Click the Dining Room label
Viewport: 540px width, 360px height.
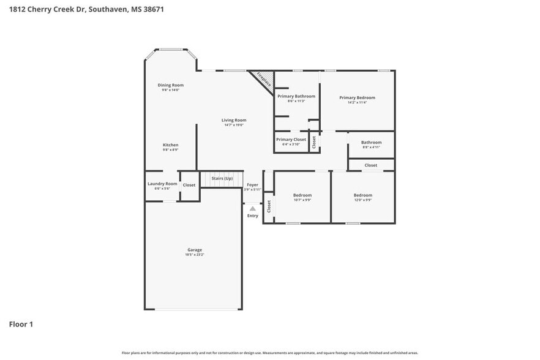coord(170,85)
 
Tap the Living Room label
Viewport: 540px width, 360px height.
coord(234,120)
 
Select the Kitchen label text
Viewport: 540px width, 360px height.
coord(170,145)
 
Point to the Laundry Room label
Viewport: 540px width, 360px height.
coord(162,184)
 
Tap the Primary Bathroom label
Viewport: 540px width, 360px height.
coord(296,96)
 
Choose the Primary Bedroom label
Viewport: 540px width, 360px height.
coord(357,97)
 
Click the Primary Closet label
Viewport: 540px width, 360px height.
coord(291,140)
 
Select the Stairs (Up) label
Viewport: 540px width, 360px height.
coord(222,178)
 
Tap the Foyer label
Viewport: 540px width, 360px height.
coord(252,184)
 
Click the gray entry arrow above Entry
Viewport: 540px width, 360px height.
coord(252,209)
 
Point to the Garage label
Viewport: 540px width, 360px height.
coord(195,250)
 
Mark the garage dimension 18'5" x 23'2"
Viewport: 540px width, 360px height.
coord(195,255)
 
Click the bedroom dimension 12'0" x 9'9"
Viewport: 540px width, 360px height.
coord(362,200)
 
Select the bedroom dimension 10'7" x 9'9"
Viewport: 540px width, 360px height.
coord(302,200)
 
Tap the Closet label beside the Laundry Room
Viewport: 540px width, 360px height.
coord(189,185)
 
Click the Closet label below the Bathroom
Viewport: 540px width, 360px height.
coord(371,165)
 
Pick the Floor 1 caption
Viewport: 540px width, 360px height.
coord(21,324)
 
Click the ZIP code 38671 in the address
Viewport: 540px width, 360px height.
coord(153,10)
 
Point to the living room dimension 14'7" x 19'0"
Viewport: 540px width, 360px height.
coord(234,125)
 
